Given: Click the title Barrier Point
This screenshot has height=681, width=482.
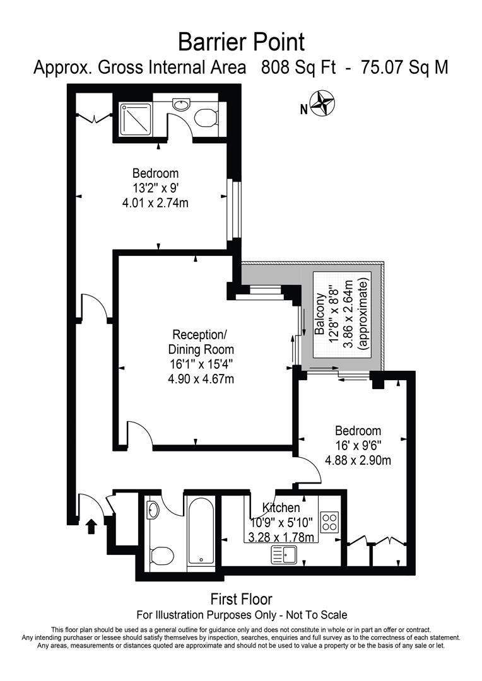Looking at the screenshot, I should tap(241, 42).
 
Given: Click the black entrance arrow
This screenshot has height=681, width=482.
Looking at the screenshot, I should tap(91, 526).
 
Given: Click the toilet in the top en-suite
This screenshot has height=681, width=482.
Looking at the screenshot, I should tap(205, 118).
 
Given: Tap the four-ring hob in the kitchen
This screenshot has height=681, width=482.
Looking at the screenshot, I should tap(330, 521).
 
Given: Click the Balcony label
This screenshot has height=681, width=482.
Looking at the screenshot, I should tap(320, 313).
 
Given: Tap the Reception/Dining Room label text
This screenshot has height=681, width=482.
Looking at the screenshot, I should tap(201, 341).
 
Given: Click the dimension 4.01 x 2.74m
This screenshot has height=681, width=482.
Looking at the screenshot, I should tap(155, 203).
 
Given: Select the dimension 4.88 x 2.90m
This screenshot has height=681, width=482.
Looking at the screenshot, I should tap(358, 460).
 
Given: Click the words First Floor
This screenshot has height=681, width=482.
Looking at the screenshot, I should tap(241, 598).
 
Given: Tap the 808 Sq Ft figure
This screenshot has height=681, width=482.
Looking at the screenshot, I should tap(298, 67).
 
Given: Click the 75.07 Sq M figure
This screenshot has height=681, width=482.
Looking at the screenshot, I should tap(404, 67).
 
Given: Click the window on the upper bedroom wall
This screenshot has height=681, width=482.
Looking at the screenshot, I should tap(233, 209).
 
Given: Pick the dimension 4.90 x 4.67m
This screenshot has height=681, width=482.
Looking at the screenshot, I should tap(201, 378).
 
